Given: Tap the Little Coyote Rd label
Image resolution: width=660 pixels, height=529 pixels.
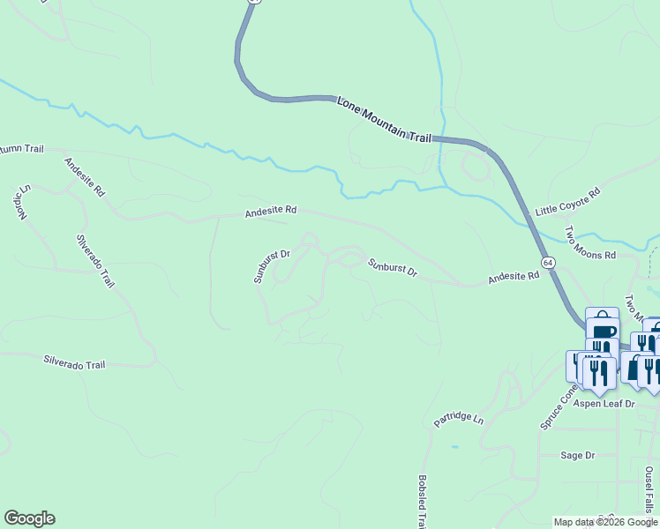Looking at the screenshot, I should (x=568, y=202).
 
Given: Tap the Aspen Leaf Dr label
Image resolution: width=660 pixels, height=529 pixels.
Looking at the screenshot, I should (x=604, y=403).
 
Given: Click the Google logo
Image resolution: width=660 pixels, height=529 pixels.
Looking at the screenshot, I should (x=29, y=518).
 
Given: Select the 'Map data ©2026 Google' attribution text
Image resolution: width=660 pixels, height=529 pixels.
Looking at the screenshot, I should (x=605, y=522).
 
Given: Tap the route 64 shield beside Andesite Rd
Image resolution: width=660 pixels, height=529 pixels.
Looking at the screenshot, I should (x=548, y=263).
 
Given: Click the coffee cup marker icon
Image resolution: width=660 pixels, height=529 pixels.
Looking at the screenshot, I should (x=603, y=332).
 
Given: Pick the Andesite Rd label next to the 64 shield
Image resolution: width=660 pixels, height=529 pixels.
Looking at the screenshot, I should (x=514, y=278).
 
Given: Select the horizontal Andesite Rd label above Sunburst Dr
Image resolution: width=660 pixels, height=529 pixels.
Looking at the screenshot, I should (x=271, y=212).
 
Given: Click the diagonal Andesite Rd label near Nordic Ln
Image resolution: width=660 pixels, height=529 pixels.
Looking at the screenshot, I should (x=85, y=176).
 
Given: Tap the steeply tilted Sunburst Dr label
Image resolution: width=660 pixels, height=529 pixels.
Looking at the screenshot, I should (x=272, y=266).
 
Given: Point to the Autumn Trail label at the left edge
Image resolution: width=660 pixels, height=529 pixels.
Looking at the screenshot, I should (x=19, y=149).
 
